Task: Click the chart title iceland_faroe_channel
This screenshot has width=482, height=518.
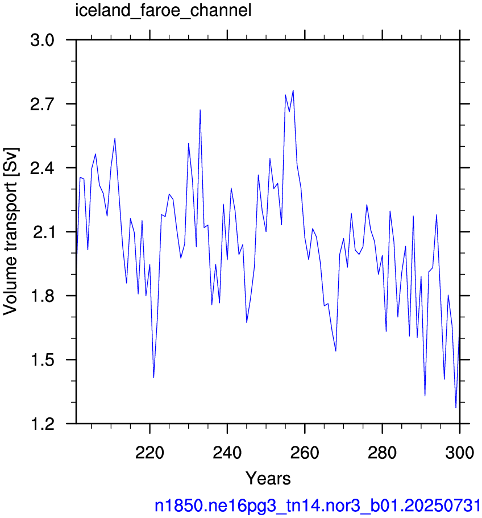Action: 163,11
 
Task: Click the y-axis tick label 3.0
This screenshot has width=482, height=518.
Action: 42,40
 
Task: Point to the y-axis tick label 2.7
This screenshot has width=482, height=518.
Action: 42,104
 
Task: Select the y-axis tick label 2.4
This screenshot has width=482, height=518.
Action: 42,168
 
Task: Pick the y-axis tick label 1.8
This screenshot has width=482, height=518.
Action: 42,296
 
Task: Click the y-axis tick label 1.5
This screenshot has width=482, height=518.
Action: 42,360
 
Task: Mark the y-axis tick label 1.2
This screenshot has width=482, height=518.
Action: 42,424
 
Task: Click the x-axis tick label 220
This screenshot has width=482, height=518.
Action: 150,452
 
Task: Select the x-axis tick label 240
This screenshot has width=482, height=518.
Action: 227,452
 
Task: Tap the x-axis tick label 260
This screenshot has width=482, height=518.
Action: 305,452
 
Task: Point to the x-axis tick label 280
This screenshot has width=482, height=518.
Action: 382,452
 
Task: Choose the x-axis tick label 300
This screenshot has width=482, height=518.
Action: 460,452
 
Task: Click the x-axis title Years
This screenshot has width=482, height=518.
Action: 268,478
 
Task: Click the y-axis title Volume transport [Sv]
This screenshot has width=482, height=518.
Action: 11,231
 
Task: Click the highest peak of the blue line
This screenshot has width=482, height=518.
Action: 293,90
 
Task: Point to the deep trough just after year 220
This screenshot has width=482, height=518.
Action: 154,378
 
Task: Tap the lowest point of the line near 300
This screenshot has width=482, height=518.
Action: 456,408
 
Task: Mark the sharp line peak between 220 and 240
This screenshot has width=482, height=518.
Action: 200,110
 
